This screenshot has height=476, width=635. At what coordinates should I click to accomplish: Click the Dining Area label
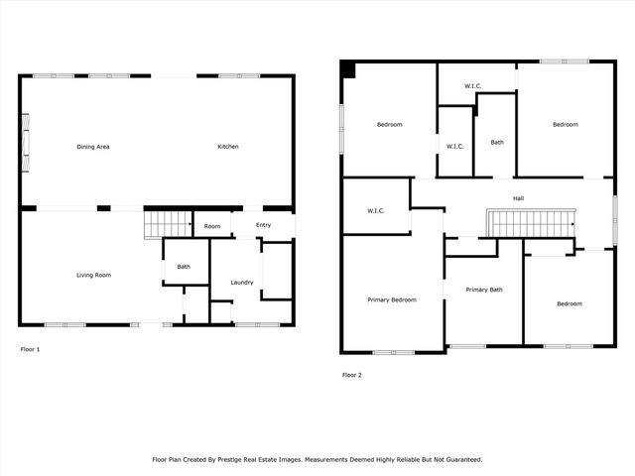pyautogui.click(x=93, y=147)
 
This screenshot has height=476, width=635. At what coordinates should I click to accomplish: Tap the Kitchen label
pyautogui.click(x=228, y=147)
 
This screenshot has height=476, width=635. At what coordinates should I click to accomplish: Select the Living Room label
pyautogui.click(x=93, y=275)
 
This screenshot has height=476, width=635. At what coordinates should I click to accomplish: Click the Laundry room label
pyautogui.click(x=242, y=283)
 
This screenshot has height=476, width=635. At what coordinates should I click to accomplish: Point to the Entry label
pyautogui.click(x=263, y=225)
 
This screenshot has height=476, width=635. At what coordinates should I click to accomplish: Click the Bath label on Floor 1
pyautogui.click(x=184, y=266)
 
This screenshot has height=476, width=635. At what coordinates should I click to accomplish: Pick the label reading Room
pyautogui.click(x=212, y=226)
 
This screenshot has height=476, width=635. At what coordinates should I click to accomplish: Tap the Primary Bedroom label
pyautogui.click(x=392, y=299)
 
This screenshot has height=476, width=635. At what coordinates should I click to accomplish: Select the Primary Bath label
pyautogui.click(x=483, y=290)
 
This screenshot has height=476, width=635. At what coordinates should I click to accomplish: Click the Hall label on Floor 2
pyautogui.click(x=518, y=198)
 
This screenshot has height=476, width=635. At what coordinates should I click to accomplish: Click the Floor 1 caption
pyautogui.click(x=31, y=349)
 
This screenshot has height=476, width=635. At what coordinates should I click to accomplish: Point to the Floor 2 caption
pyautogui.click(x=352, y=375)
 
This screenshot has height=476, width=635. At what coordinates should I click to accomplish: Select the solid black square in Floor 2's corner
pyautogui.click(x=346, y=68)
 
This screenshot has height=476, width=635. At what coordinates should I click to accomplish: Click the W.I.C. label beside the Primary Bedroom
pyautogui.click(x=375, y=210)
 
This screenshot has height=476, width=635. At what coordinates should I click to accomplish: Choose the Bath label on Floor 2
pyautogui.click(x=497, y=142)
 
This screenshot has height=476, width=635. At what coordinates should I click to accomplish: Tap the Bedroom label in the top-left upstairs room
pyautogui.click(x=389, y=124)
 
